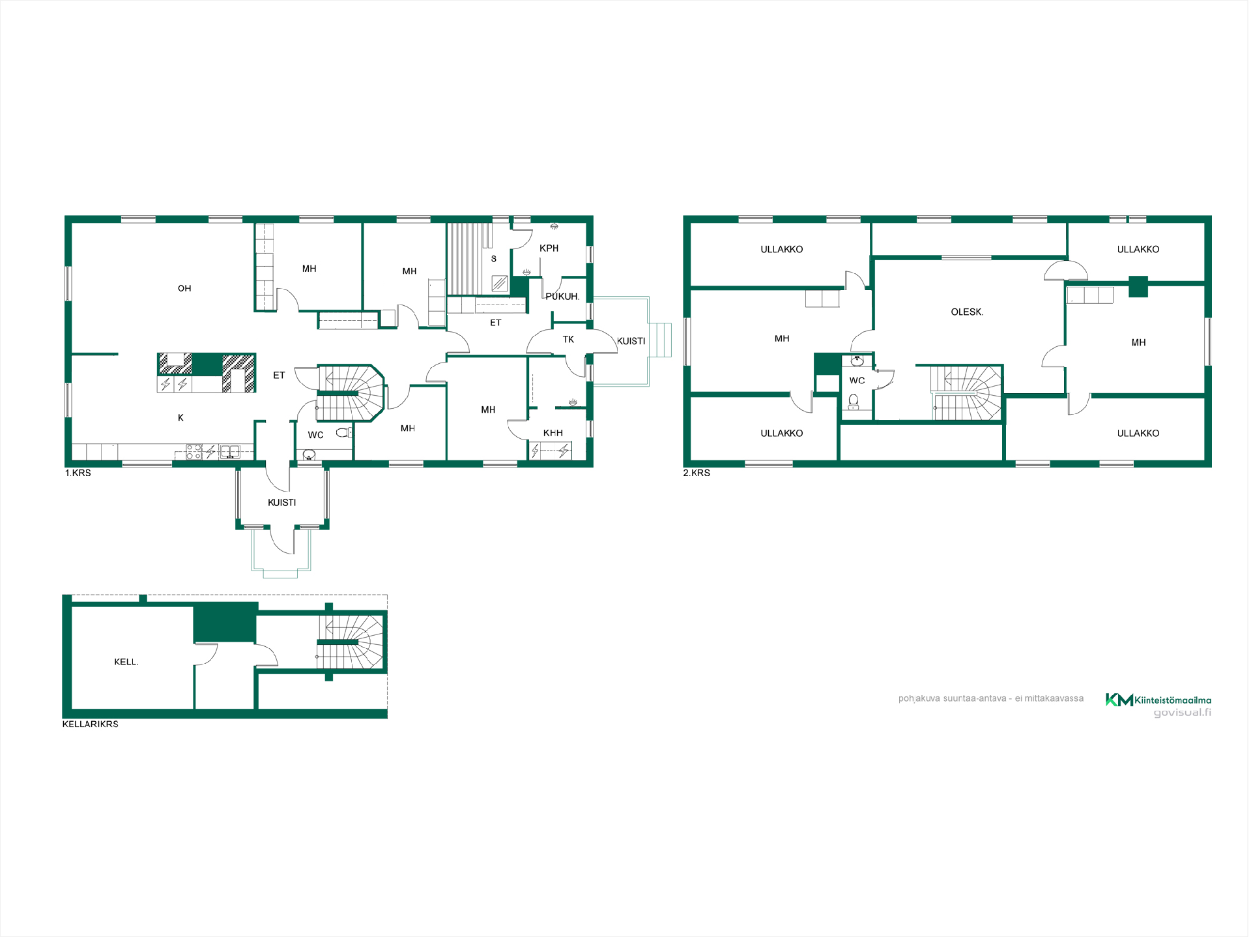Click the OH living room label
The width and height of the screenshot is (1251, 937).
[184, 288]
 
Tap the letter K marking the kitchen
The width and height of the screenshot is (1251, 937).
[180, 418]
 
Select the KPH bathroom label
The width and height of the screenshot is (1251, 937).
[549, 248]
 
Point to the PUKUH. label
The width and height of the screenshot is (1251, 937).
[562, 297]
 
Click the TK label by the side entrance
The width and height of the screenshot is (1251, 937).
[568, 340]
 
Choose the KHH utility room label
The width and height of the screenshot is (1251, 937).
[553, 433]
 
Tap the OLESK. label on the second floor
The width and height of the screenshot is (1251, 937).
[967, 312]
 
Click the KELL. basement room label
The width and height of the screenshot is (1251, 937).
[126, 662]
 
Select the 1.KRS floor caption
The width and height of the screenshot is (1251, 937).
[78, 473]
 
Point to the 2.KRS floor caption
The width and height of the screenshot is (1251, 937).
[697, 473]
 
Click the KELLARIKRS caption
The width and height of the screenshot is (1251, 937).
[91, 724]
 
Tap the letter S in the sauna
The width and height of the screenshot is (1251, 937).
[494, 259]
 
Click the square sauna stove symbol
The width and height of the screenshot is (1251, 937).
[500, 283]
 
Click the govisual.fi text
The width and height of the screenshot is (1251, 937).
[1183, 713]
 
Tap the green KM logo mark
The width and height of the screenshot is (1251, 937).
[1119, 700]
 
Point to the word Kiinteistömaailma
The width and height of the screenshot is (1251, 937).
[1173, 700]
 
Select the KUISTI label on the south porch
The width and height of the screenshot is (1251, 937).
[282, 503]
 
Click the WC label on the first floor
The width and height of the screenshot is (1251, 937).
[315, 436]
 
